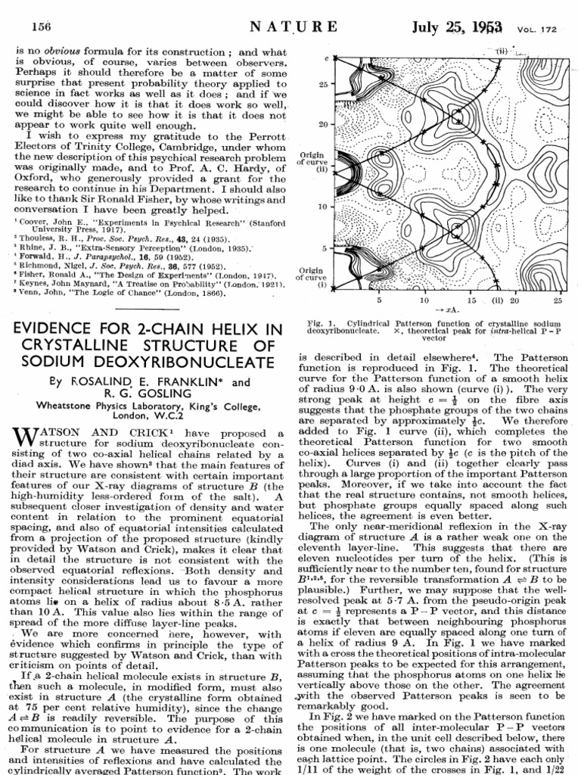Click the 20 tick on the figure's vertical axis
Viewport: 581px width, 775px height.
click(322, 123)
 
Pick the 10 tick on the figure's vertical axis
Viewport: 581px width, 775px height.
click(322, 206)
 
